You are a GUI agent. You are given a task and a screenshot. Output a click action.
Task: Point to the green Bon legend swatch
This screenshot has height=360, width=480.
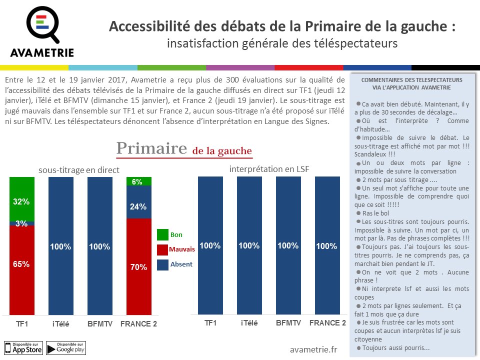click(x=162, y=234)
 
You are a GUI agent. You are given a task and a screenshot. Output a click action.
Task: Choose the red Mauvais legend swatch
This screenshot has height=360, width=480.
click(x=162, y=249)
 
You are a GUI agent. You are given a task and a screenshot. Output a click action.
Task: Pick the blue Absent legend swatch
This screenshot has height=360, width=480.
click(x=162, y=264)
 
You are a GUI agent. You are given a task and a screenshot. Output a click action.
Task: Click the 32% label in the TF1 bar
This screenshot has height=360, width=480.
click(x=21, y=201)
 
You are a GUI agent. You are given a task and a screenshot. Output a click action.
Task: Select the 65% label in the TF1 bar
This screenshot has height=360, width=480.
click(x=21, y=264)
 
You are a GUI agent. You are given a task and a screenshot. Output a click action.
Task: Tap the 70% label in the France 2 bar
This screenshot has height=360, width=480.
click(x=138, y=267)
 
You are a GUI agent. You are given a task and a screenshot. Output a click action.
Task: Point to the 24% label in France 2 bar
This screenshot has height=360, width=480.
click(x=138, y=206)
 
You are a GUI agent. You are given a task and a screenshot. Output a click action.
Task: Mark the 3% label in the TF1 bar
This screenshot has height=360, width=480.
click(x=21, y=223)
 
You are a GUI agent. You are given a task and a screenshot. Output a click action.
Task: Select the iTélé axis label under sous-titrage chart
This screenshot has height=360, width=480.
click(x=60, y=324)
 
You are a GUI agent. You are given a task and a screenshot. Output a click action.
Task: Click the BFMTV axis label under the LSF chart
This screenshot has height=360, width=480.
click(x=288, y=323)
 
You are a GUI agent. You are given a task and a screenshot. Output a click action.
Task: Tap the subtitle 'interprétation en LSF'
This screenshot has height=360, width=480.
click(x=269, y=169)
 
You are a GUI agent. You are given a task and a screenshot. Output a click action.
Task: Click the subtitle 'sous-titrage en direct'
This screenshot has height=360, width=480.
click(x=79, y=170)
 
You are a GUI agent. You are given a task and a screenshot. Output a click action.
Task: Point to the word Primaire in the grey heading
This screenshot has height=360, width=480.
click(x=152, y=148)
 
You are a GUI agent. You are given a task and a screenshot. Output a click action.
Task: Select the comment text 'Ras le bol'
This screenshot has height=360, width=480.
click(x=379, y=213)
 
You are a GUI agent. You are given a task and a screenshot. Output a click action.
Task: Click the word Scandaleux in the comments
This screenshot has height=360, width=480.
click(x=372, y=154)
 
